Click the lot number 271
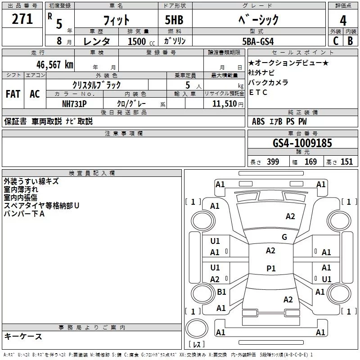(x=22, y=19)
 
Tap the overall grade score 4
(x=343, y=20)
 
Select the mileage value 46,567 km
(x=55, y=64)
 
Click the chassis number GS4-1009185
(x=302, y=143)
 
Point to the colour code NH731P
(x=74, y=104)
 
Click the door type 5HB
(x=174, y=20)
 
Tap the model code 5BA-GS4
(x=258, y=41)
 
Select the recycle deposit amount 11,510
(x=224, y=104)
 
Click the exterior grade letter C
(x=336, y=41)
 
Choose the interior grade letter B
(x=350, y=41)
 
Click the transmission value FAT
(x=13, y=94)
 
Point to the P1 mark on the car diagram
(x=271, y=268)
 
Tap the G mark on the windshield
(x=284, y=237)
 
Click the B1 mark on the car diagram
(x=221, y=292)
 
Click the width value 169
(x=310, y=162)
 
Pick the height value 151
(x=346, y=162)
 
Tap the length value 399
(x=273, y=162)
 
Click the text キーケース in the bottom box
(x=23, y=336)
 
